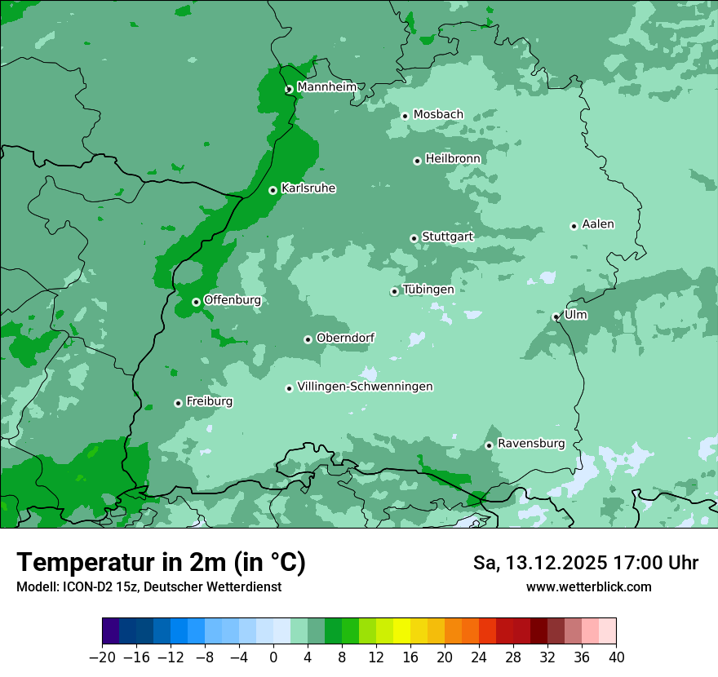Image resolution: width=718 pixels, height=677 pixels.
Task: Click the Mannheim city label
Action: [326, 87]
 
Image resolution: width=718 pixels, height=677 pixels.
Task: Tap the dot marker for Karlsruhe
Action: [273, 190]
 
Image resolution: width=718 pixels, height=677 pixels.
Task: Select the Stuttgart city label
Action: [447, 237]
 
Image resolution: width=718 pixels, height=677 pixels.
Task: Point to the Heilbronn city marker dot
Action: [417, 161]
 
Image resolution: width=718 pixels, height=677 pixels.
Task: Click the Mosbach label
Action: [438, 114]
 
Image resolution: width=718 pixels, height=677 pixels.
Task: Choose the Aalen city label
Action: [598, 224]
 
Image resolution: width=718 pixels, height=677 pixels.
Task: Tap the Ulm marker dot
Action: [556, 316]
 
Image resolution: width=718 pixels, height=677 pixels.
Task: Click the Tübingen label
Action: [428, 290]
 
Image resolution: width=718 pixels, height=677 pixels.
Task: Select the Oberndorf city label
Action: [345, 338]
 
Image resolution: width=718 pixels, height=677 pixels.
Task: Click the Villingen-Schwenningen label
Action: [365, 387]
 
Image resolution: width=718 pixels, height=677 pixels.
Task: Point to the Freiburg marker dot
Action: [178, 403]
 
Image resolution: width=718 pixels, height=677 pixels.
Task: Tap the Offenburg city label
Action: [233, 300]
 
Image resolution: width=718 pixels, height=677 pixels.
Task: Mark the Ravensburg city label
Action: [531, 444]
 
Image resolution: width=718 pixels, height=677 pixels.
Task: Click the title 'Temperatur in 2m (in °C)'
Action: [161, 562]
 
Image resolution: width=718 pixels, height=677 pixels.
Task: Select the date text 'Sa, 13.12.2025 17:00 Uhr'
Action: [585, 563]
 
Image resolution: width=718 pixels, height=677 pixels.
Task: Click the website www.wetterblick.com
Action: [588, 586]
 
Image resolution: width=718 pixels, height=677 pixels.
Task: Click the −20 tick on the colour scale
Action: [103, 657]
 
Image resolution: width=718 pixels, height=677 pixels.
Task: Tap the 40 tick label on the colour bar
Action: [616, 657]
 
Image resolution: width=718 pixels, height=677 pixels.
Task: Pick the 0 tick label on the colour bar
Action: [273, 657]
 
